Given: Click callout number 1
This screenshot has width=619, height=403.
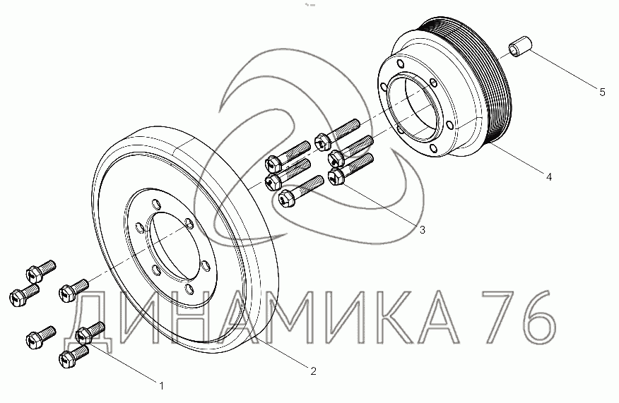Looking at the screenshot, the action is point(161,385).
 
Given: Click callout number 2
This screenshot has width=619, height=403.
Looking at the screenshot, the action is point(313,371).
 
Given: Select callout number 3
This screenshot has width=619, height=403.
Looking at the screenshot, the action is point(423,230).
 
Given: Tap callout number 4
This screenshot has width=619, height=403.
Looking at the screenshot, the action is point(549,177).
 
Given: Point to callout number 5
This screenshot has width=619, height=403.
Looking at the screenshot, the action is point(602,92).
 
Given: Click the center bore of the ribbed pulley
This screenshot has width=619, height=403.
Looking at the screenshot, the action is point(413,106).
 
